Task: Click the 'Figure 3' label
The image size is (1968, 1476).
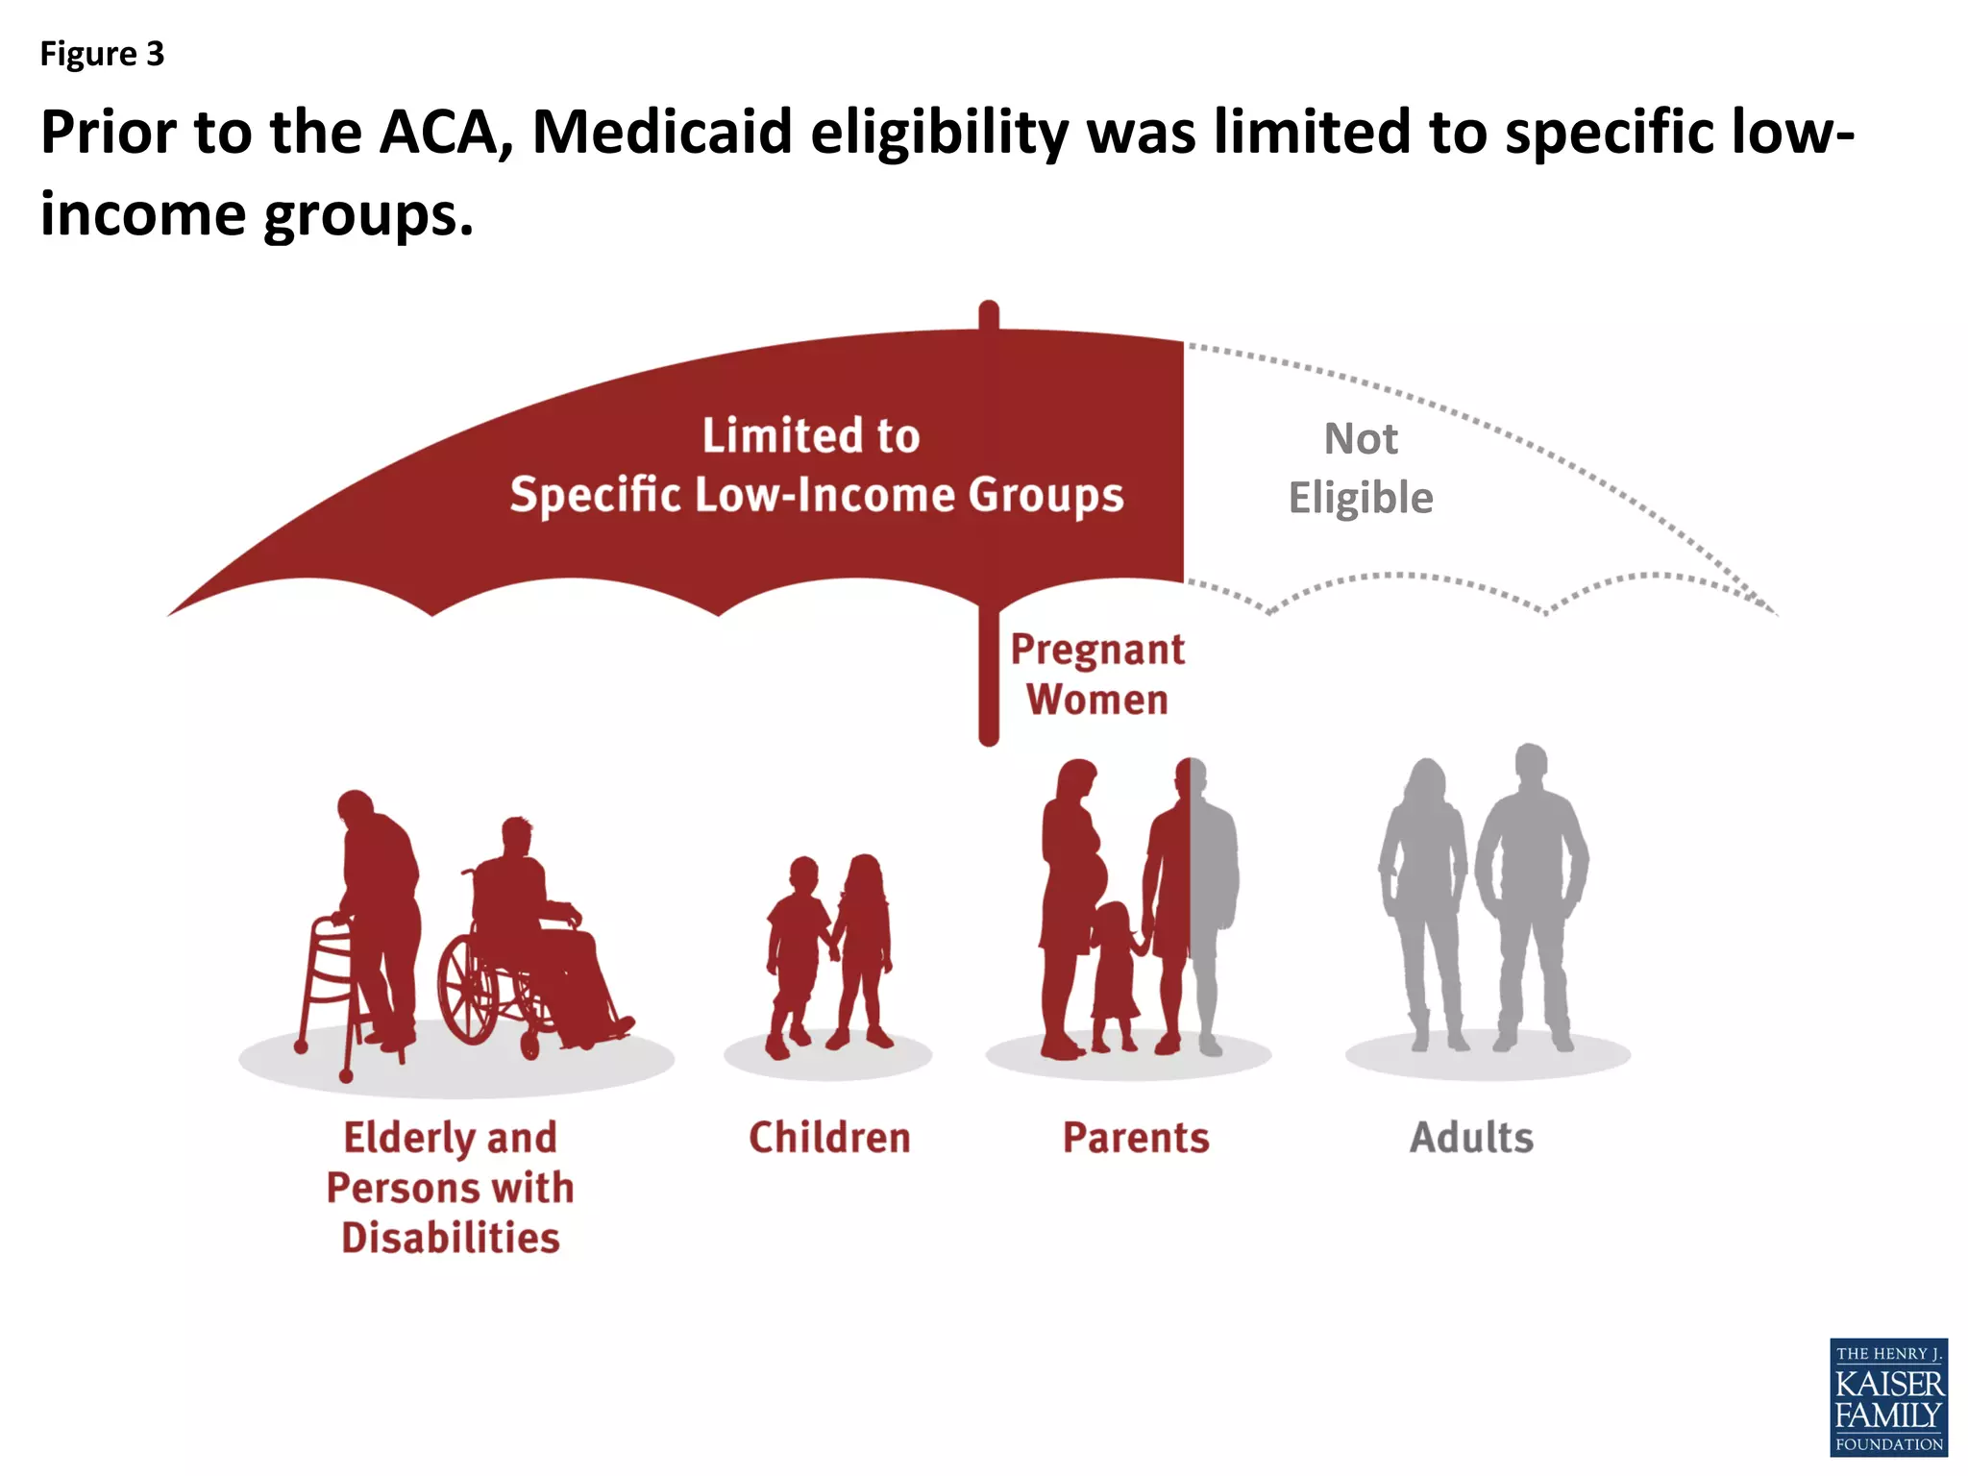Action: [x=102, y=54]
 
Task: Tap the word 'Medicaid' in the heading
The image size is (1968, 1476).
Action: [x=662, y=132]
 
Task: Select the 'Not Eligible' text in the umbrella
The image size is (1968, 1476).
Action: [x=1361, y=469]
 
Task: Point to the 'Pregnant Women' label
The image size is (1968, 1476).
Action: [x=1097, y=675]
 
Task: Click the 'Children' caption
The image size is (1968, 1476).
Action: [x=829, y=1138]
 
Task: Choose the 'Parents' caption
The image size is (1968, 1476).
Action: [x=1136, y=1138]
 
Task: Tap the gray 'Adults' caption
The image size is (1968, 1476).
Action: [x=1471, y=1138]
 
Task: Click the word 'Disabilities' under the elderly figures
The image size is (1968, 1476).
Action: [x=451, y=1238]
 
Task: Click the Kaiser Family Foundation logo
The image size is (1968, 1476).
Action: [x=1888, y=1397]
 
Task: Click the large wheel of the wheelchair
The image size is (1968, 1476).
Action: [x=468, y=990]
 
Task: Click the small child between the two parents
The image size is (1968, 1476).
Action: [x=1115, y=971]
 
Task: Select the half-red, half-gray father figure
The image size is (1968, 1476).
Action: [x=1190, y=894]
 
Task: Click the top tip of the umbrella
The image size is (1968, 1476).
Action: [x=989, y=309]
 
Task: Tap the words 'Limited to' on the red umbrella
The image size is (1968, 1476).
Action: [x=811, y=435]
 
